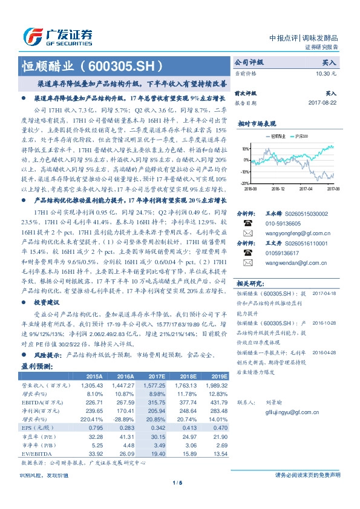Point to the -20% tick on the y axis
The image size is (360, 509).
(x=244, y=183)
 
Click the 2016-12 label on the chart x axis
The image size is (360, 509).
(x=278, y=188)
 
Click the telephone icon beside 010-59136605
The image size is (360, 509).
(x=247, y=222)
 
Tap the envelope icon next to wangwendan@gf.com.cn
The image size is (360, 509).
(x=247, y=263)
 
